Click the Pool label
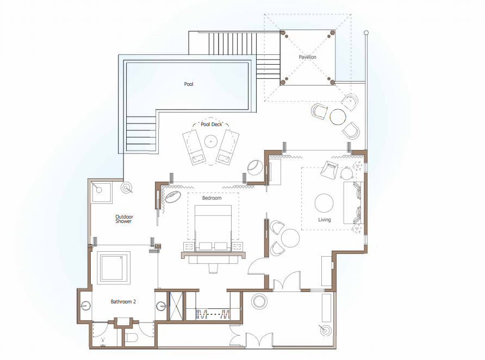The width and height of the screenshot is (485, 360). point(189,84)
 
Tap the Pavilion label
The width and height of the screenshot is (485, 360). point(307,57)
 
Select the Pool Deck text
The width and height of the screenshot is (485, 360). point(212,125)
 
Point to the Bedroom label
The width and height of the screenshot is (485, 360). point(212,198)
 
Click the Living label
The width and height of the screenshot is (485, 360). point(325,220)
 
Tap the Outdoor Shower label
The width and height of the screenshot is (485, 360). point(124,219)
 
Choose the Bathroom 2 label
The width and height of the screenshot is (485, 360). point(123,302)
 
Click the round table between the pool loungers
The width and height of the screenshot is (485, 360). point(211,141)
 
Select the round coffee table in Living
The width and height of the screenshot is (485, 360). point(324,203)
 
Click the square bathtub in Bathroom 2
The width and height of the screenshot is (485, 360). point(114,268)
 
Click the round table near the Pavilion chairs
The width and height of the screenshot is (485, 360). point(338,117)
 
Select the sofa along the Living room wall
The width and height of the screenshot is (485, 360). point(353,203)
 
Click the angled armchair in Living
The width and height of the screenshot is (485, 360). point(329,170)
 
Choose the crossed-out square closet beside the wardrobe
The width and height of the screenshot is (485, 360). point(176,306)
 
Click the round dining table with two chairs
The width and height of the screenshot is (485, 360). point(290,238)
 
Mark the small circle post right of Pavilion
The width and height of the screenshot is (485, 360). point(366,33)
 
